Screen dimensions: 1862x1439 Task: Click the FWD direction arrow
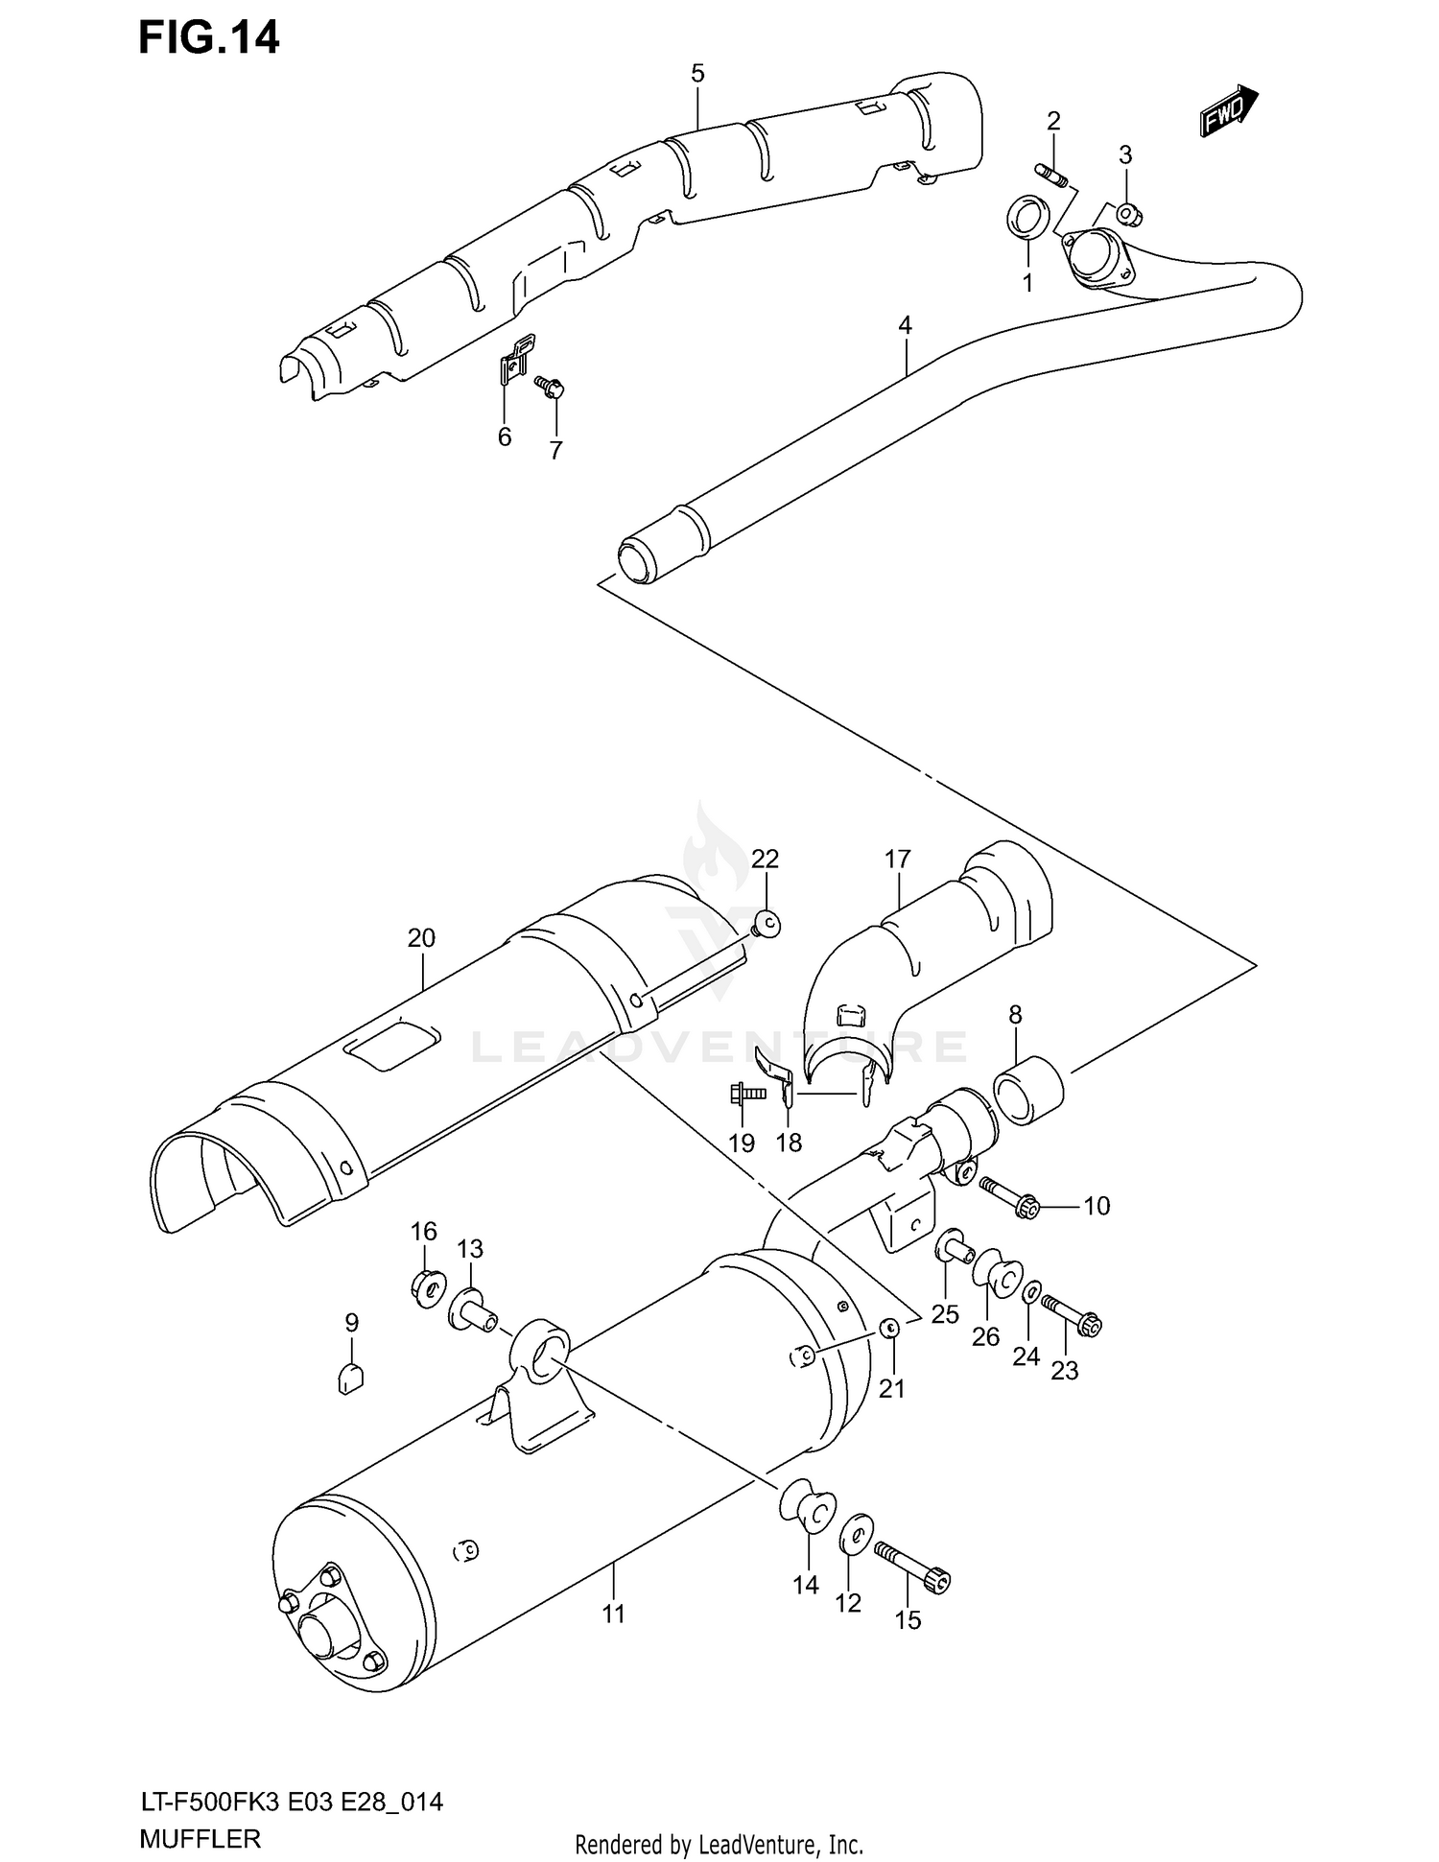pyautogui.click(x=1228, y=111)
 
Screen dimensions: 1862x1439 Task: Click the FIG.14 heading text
pyautogui.click(x=209, y=37)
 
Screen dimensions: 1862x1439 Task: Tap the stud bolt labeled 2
pyautogui.click(x=1052, y=179)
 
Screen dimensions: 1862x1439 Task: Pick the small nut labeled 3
pyautogui.click(x=1129, y=214)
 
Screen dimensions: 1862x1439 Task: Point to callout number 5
pyautogui.click(x=697, y=73)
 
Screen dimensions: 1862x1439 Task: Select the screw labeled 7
pyautogui.click(x=551, y=387)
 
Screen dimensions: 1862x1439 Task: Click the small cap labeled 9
pyautogui.click(x=351, y=1379)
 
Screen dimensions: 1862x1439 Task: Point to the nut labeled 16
pyautogui.click(x=428, y=1285)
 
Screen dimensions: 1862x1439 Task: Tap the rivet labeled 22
pyautogui.click(x=766, y=924)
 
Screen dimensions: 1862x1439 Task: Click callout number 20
pyautogui.click(x=421, y=938)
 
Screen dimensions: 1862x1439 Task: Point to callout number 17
pyautogui.click(x=897, y=859)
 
